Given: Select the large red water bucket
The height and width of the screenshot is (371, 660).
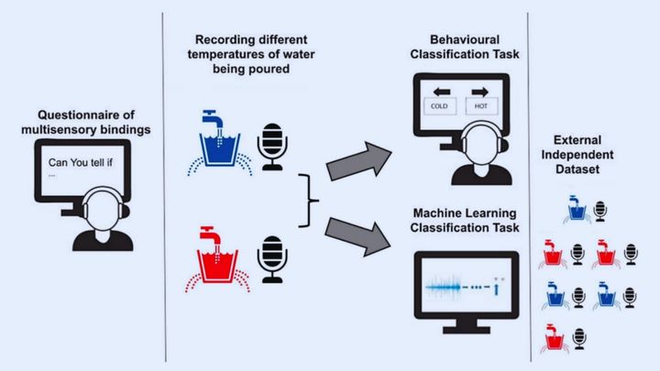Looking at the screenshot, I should pyautogui.click(x=219, y=264).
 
